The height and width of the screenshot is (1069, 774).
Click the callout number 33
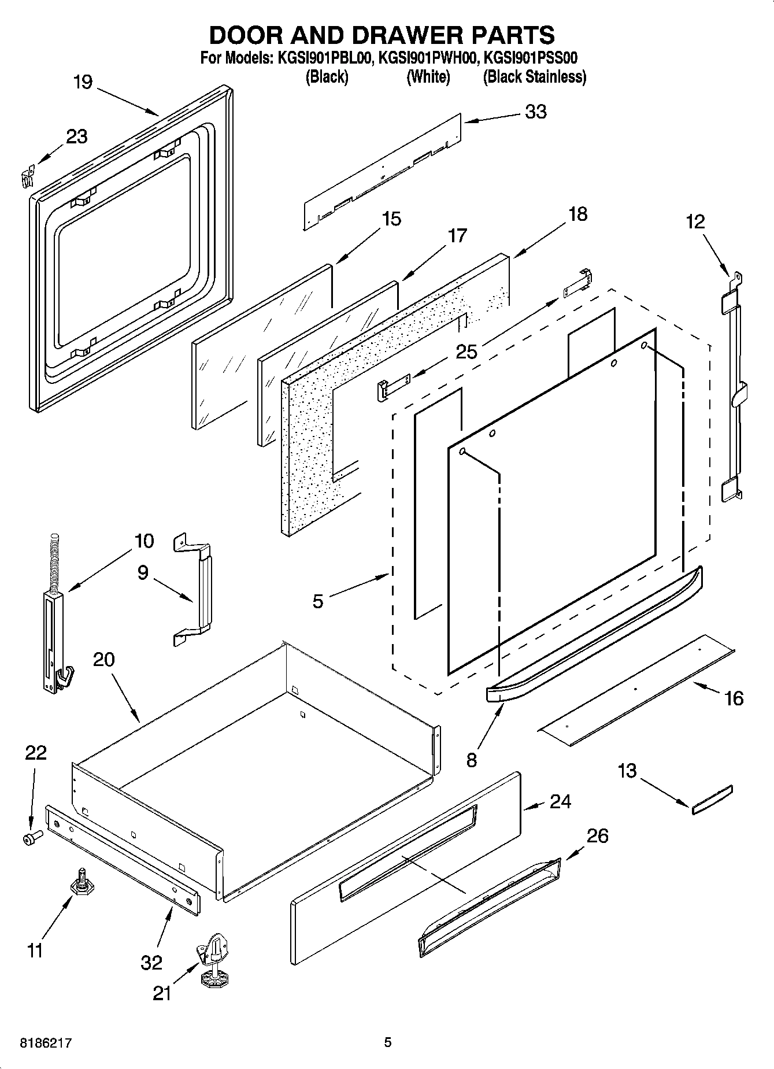[x=535, y=112]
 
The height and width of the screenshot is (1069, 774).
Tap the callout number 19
[x=83, y=82]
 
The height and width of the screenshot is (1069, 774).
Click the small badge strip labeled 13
[x=712, y=800]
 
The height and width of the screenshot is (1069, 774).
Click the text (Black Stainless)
[x=534, y=77]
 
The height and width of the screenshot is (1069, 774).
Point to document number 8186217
[x=46, y=1044]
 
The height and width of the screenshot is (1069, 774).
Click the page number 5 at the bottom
[x=387, y=1042]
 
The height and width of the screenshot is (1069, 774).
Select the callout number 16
[x=734, y=698]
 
